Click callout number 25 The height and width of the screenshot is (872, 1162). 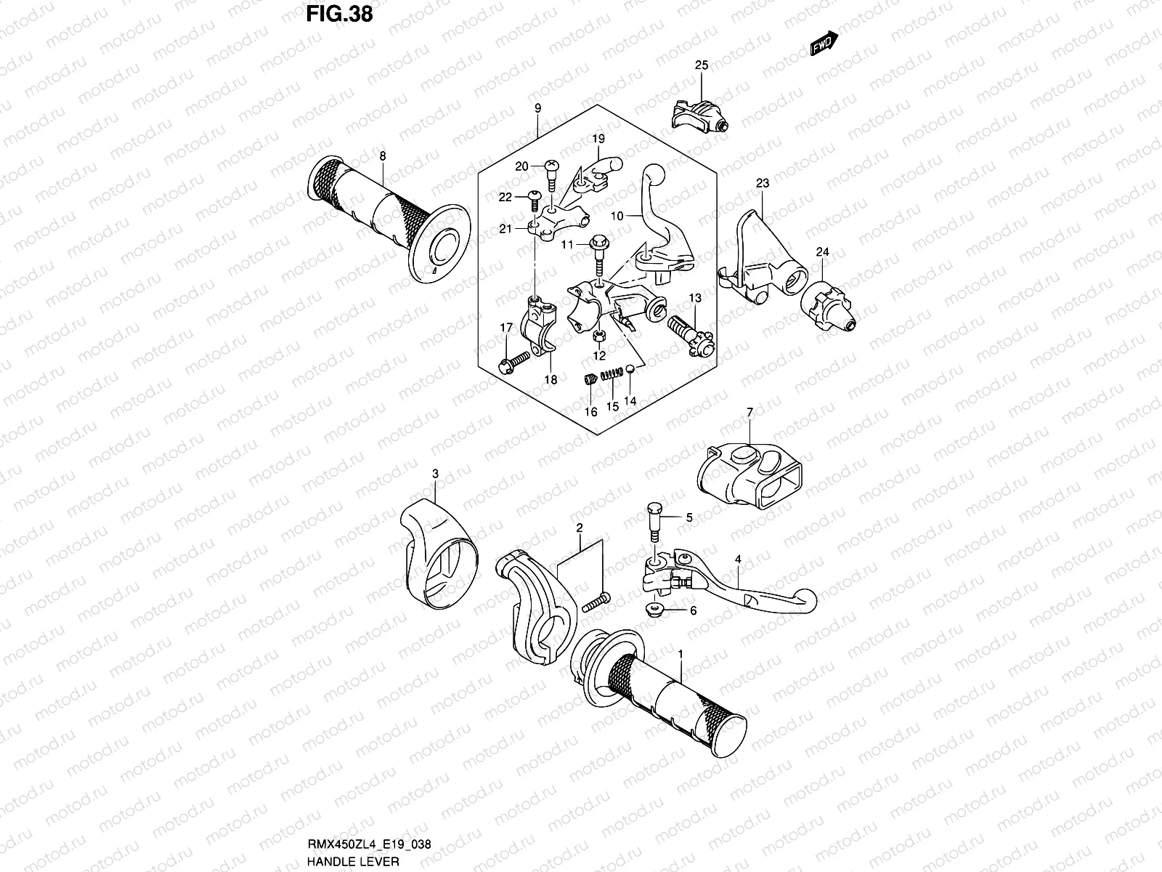(701, 65)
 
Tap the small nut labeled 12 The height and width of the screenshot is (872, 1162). (600, 336)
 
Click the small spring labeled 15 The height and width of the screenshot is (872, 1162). (614, 374)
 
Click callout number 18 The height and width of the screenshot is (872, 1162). (550, 379)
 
